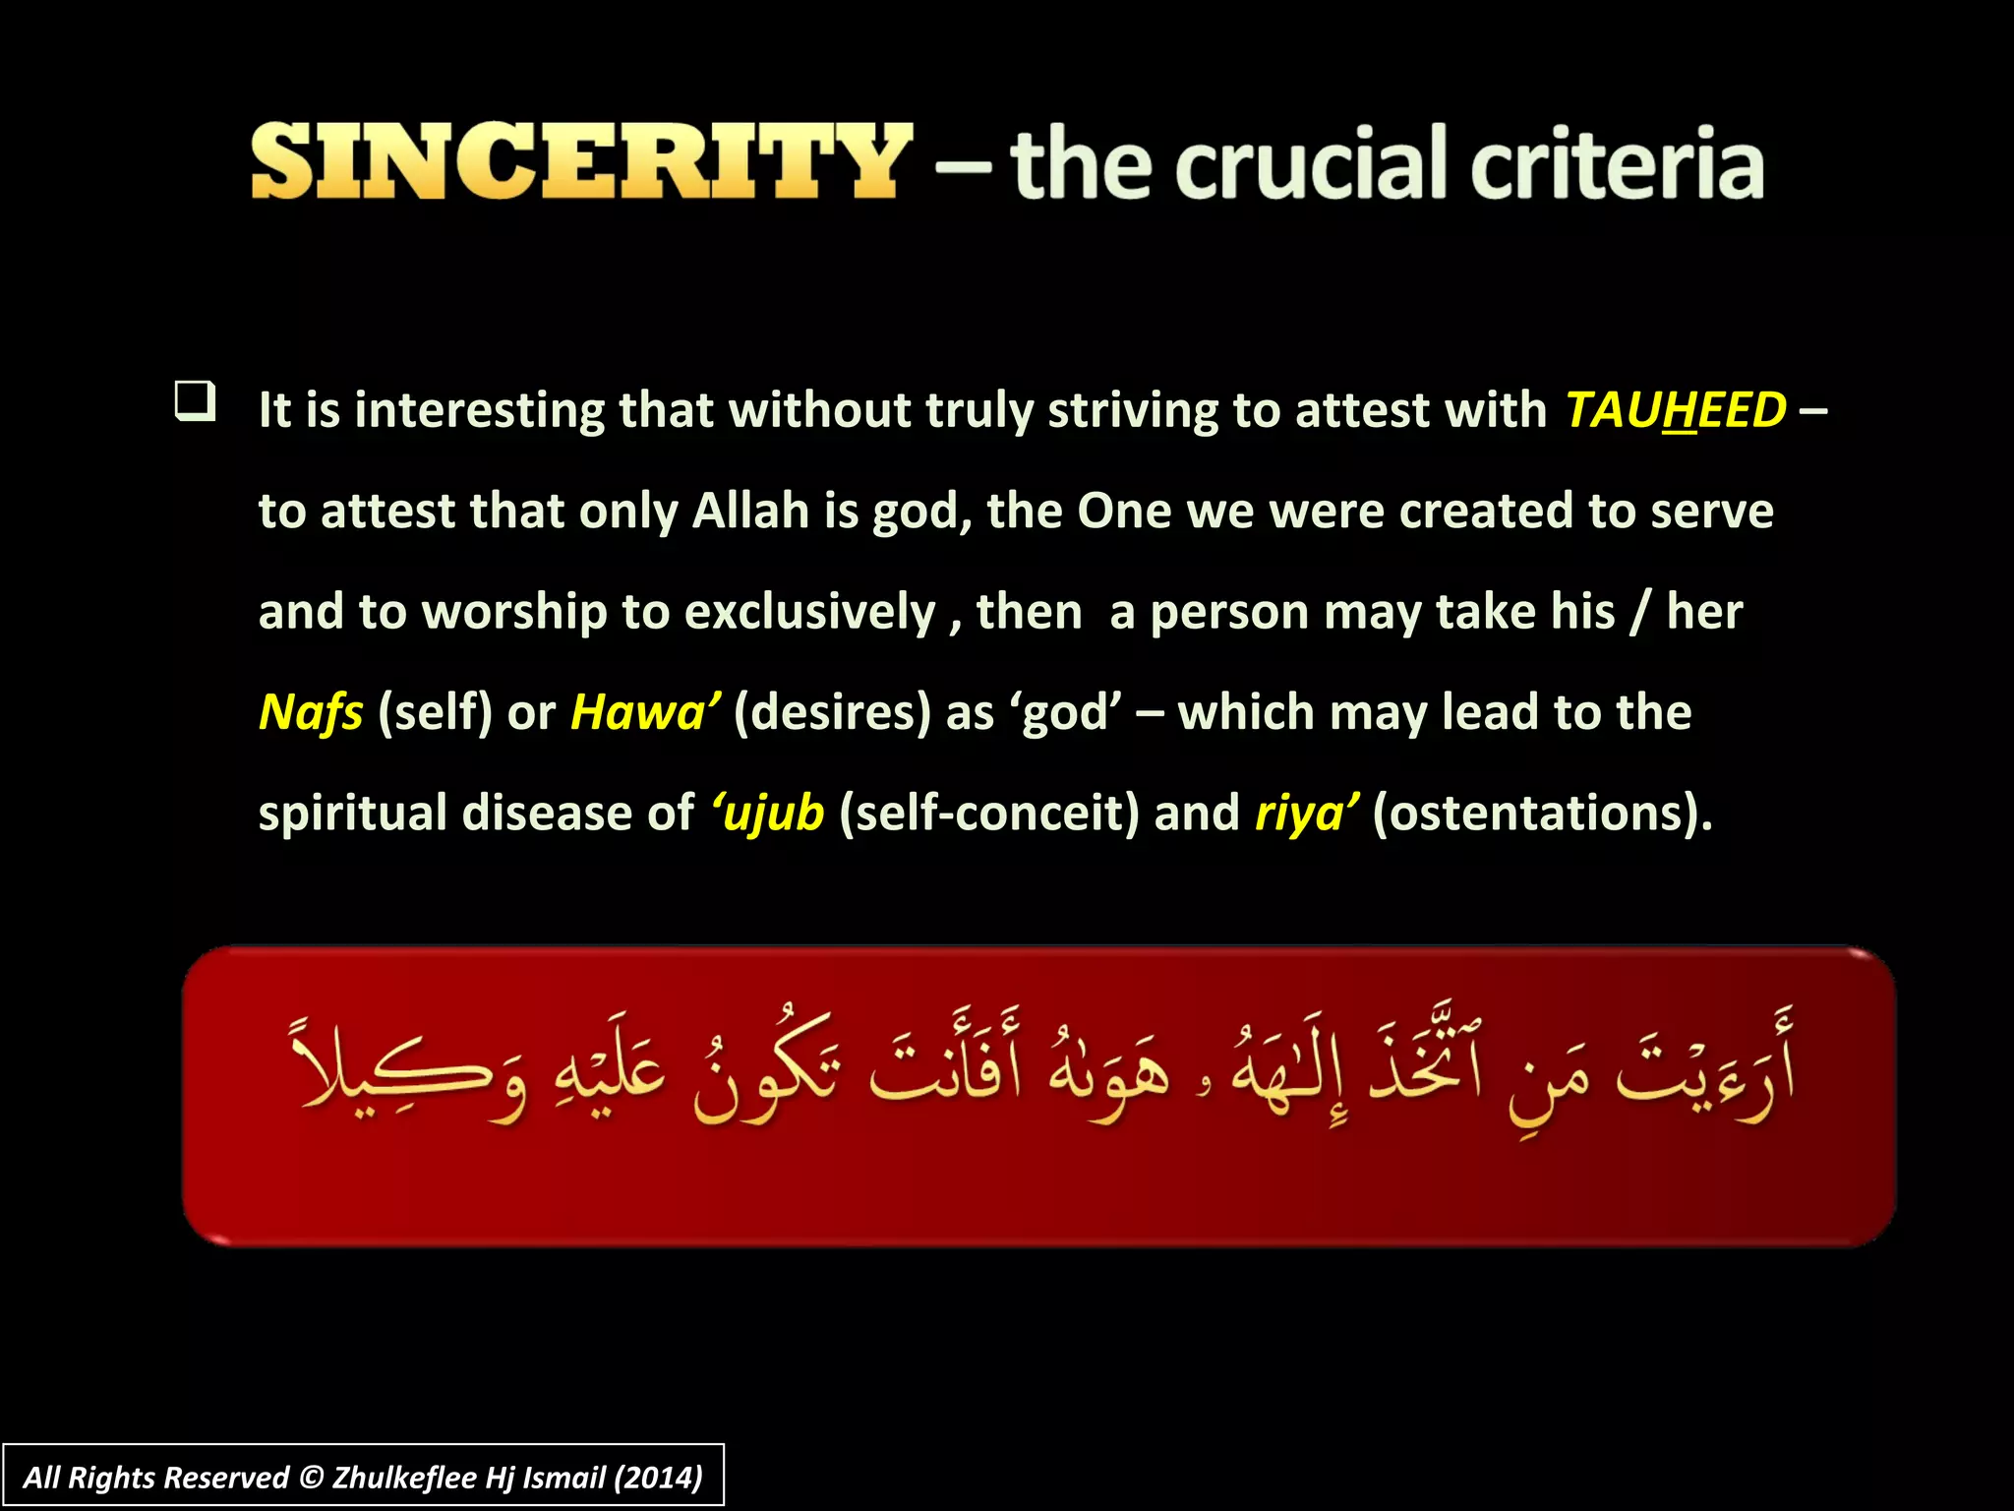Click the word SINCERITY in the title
click(x=580, y=162)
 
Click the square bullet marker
click(x=195, y=402)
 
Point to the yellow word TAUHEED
click(x=1675, y=410)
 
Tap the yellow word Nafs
click(x=311, y=712)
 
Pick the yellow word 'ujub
click(x=768, y=814)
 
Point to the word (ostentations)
click(x=1541, y=814)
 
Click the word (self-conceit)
click(x=988, y=814)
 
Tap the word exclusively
click(x=809, y=612)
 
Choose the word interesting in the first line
click(x=479, y=410)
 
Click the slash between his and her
click(x=1639, y=612)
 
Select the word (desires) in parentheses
click(x=832, y=712)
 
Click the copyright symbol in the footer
click(x=311, y=1478)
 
